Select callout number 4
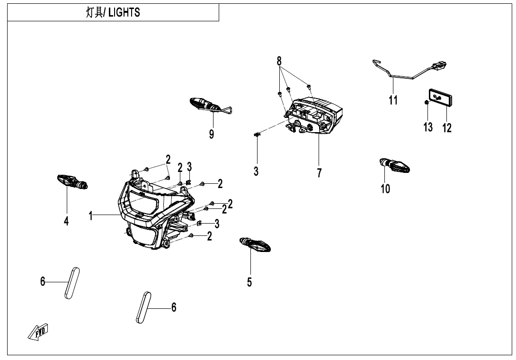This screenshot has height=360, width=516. coord(67,221)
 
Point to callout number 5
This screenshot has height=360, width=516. coord(249,282)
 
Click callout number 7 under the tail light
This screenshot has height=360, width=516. coord(319,173)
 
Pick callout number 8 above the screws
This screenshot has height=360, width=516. coord(279,61)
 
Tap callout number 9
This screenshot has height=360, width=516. coord(212,134)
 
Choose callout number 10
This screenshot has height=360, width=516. coord(385,189)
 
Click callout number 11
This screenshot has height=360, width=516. coord(393,100)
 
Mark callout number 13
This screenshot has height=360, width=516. coord(428,127)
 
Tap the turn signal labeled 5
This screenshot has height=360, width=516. coord(256,244)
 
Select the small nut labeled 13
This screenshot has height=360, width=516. coord(427,102)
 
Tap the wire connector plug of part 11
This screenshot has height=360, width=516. coord(441,65)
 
